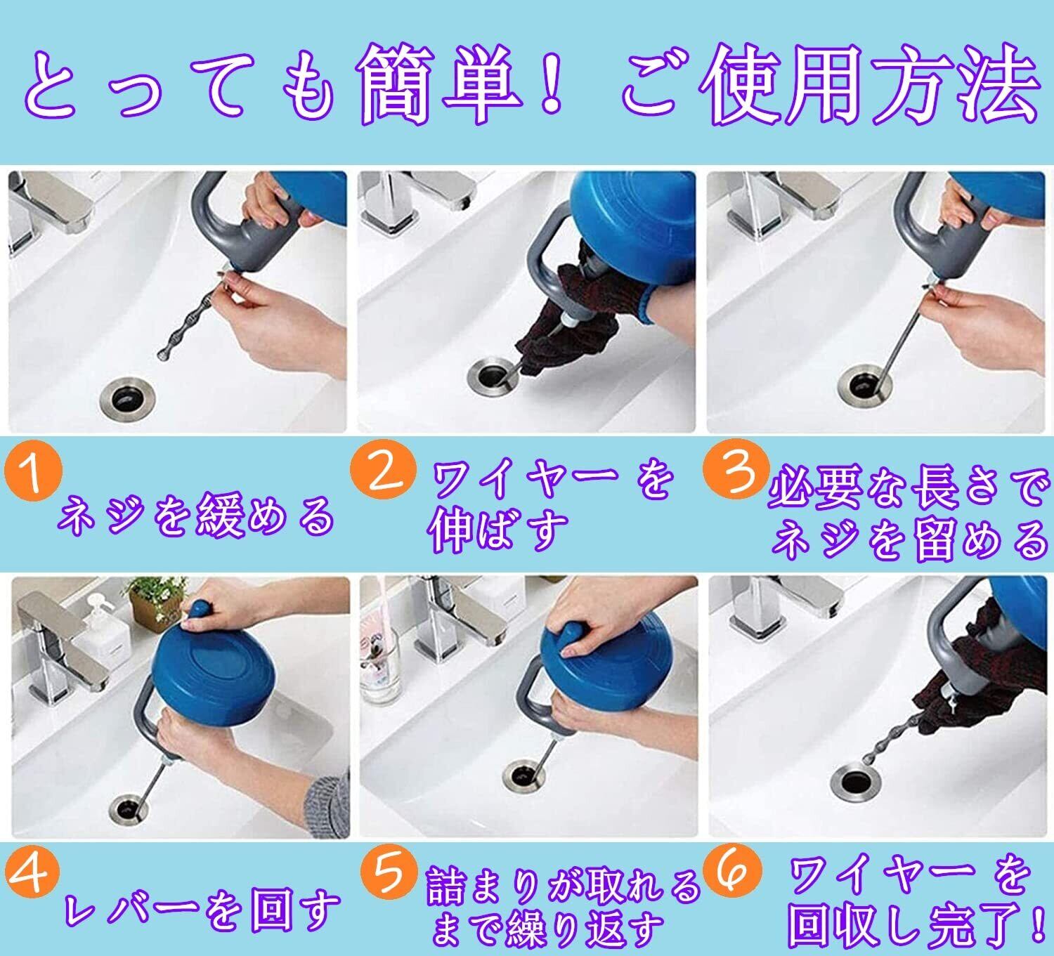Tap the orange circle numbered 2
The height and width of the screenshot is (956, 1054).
pyautogui.click(x=383, y=470)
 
